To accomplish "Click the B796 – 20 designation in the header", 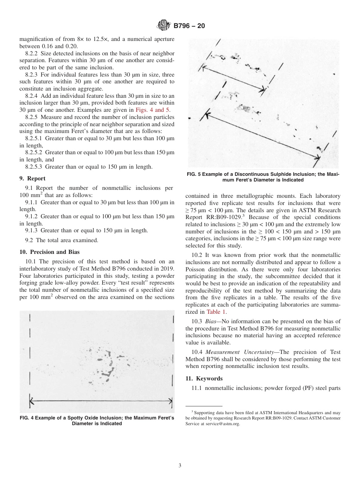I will [189, 26].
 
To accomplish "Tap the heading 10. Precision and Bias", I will [49, 252].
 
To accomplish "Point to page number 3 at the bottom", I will [180, 465].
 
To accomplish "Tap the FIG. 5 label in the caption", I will [196, 174].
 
